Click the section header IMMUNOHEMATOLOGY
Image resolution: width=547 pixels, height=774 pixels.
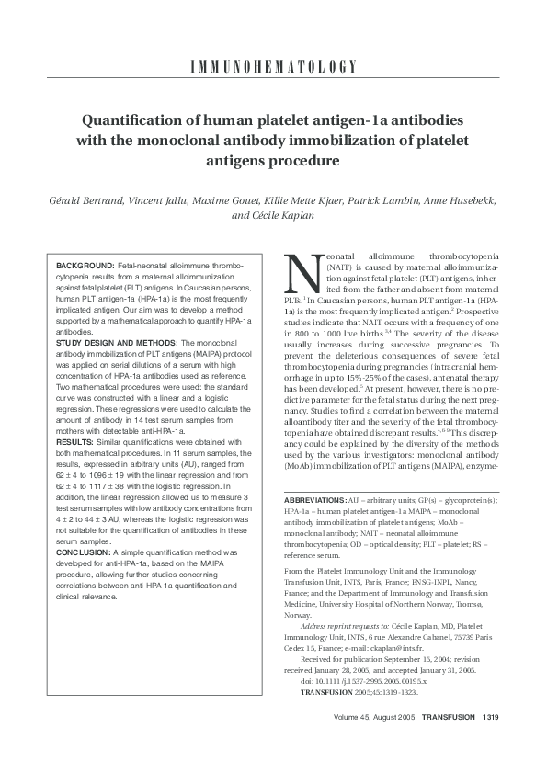click(273, 66)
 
